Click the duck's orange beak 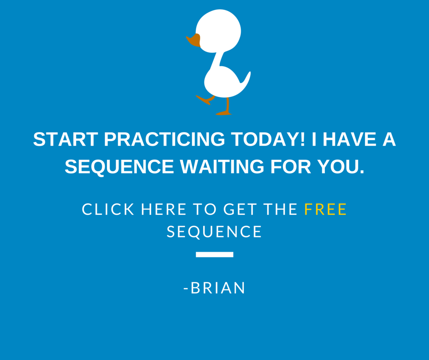coord(194,40)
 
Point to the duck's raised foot coord(205,100)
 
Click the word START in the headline coord(66,139)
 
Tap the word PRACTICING coord(164,139)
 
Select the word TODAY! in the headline coord(268,139)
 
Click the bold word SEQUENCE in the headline coord(119,167)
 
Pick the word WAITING coord(222,167)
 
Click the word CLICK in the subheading coord(108,209)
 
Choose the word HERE coord(163,209)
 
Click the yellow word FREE coord(325,209)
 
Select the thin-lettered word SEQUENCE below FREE coord(214,232)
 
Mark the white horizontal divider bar coord(214,254)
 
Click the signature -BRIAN coord(214,288)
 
